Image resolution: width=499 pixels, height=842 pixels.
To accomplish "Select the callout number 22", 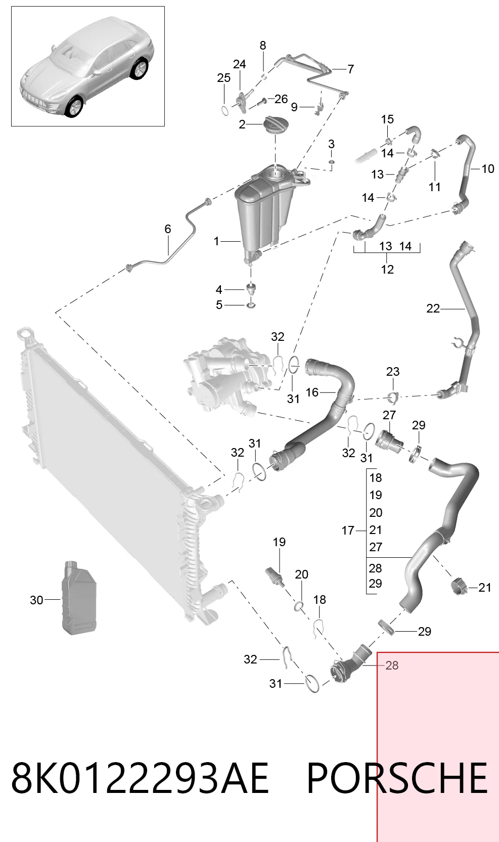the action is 433,308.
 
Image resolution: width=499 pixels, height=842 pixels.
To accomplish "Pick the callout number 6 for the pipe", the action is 167,229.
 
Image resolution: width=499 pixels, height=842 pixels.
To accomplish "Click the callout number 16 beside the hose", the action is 312,392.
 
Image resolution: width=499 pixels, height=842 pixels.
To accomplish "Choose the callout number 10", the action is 488,169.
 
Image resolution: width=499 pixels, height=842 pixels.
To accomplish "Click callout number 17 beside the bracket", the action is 347,530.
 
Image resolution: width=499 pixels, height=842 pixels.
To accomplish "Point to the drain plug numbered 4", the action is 251,289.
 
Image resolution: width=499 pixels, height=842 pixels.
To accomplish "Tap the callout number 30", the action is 36,600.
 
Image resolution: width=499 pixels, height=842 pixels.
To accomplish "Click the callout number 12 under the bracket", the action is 387,269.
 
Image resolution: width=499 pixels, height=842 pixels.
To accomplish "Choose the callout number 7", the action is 350,69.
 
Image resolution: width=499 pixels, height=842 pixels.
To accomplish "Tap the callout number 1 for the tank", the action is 216,241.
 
